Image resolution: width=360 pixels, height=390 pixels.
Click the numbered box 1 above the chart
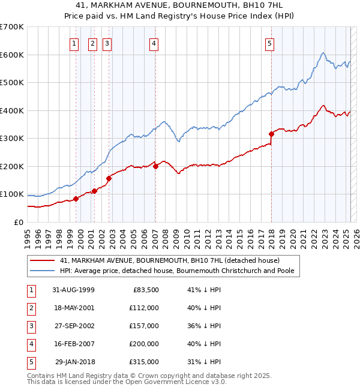[73, 43]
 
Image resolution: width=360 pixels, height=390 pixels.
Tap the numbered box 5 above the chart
[270, 43]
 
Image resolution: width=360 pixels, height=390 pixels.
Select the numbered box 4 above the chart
[154, 43]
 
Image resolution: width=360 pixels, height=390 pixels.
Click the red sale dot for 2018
[271, 134]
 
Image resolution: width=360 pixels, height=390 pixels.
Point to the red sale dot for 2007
[155, 166]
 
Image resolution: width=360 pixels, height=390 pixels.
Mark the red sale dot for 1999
[76, 199]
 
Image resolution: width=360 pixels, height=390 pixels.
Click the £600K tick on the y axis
[12, 55]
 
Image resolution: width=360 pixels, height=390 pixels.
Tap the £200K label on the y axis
[12, 166]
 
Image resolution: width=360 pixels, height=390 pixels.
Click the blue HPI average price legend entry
[180, 271]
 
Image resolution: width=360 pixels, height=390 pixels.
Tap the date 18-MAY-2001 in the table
[73, 308]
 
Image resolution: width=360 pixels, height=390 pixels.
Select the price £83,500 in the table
[145, 290]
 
